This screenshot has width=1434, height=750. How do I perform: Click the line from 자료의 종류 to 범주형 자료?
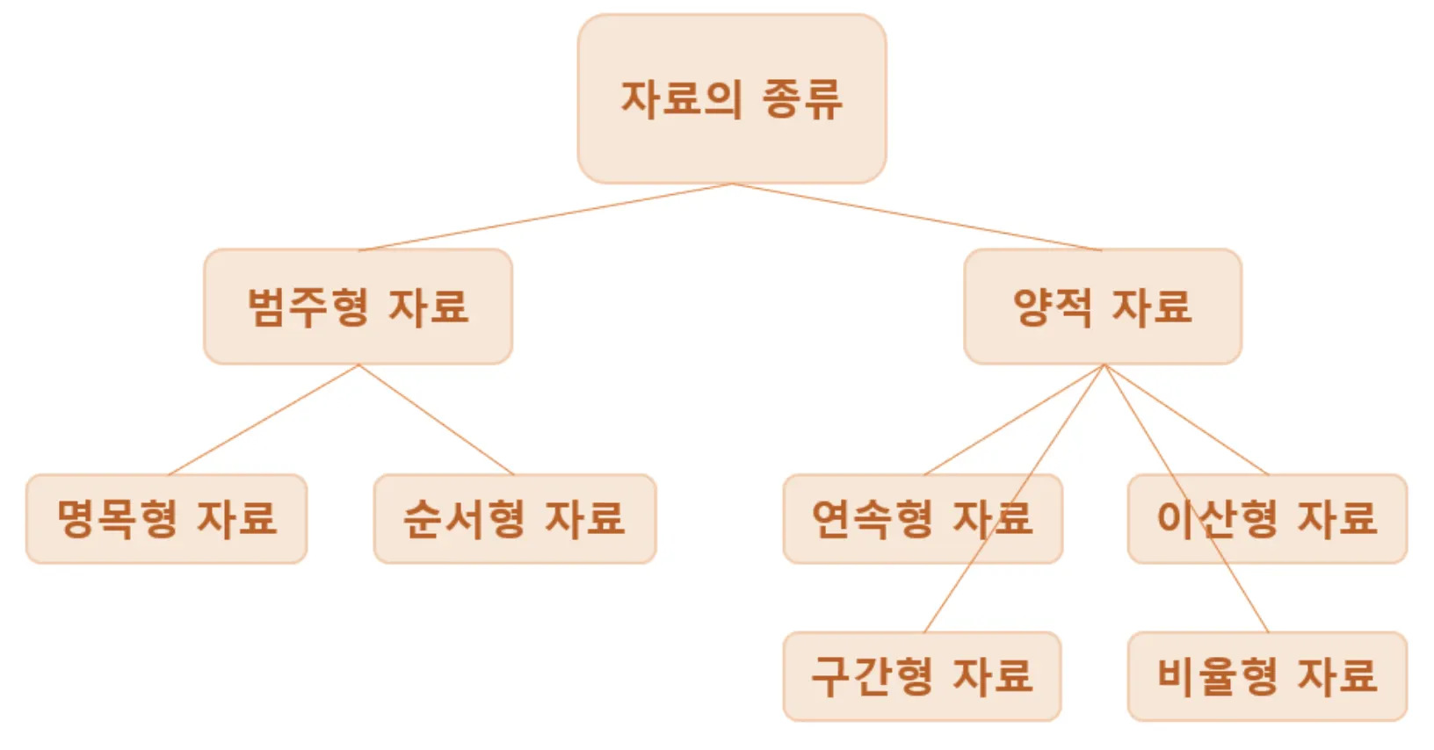(545, 217)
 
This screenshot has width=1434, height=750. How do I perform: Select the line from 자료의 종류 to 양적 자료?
(917, 217)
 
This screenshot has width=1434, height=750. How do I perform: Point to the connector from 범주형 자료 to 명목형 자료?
(264, 420)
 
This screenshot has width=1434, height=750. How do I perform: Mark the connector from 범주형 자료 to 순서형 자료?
(436, 420)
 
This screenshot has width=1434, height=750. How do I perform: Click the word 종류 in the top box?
(801, 98)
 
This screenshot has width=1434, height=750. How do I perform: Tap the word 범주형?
(308, 306)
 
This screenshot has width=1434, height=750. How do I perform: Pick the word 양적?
(1053, 306)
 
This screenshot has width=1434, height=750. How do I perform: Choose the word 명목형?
(117, 518)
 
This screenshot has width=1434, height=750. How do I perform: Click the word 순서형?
(464, 518)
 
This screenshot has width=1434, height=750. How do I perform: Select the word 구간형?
(872, 675)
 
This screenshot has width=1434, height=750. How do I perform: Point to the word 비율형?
(1217, 675)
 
